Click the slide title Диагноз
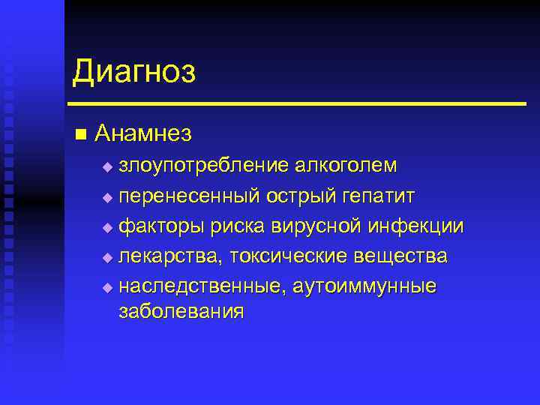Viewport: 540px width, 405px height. tap(134, 73)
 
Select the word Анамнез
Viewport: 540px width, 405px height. tap(144, 133)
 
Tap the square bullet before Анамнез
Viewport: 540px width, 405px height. tap(81, 134)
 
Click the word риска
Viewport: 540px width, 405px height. tap(239, 226)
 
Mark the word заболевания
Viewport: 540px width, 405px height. tap(181, 311)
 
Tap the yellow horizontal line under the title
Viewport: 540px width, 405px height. tap(296, 103)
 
